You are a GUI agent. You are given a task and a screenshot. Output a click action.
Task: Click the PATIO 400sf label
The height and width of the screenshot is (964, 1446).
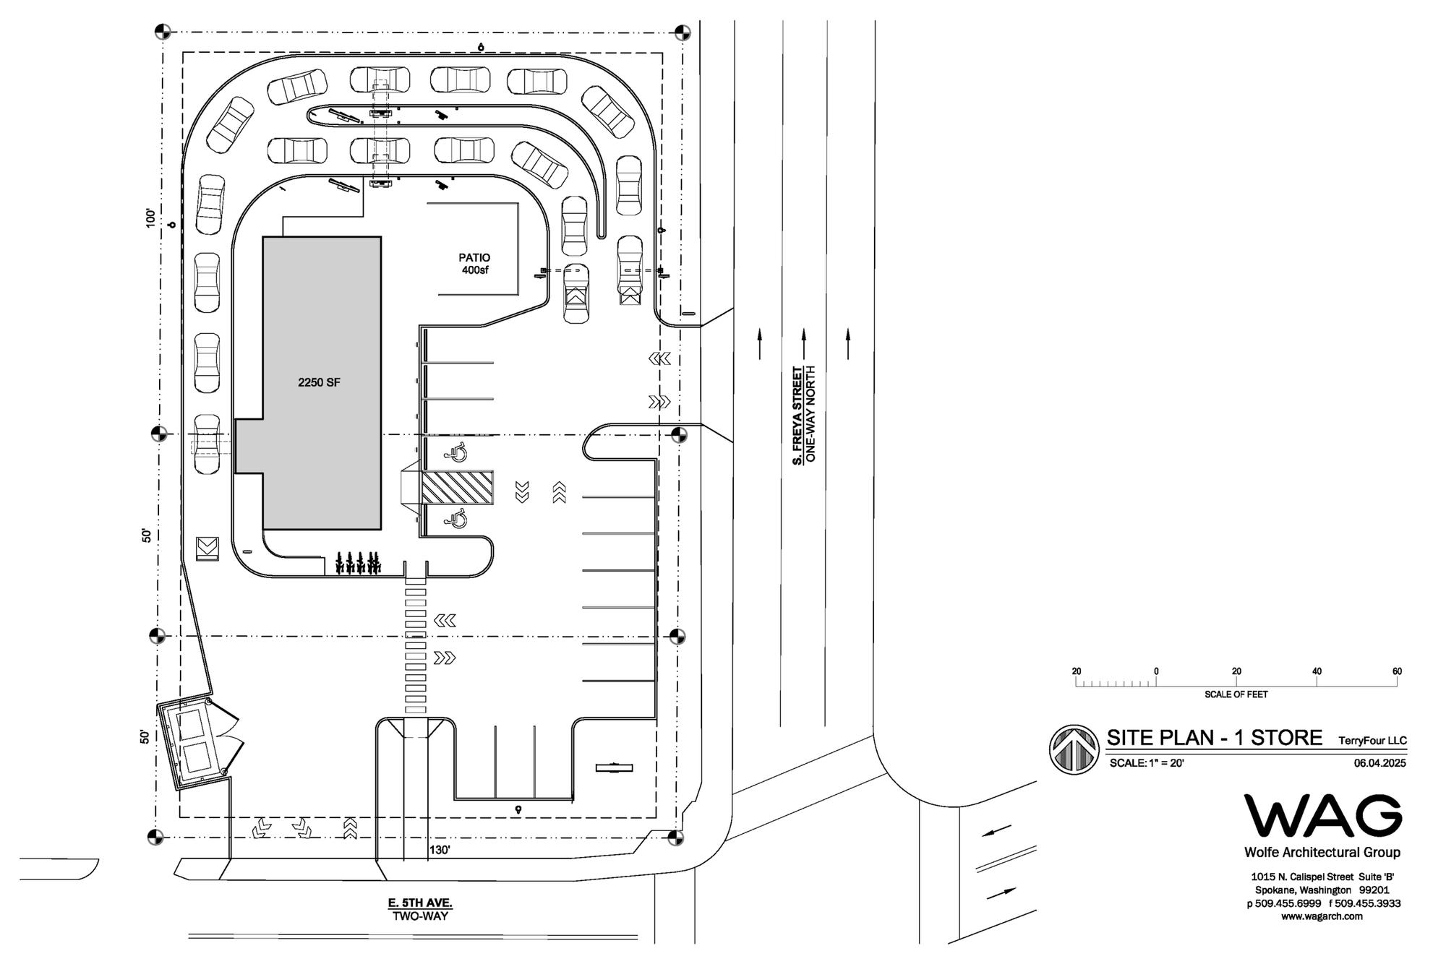coord(474,264)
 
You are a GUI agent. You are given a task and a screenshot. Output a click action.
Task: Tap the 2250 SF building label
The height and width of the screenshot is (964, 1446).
coord(319,382)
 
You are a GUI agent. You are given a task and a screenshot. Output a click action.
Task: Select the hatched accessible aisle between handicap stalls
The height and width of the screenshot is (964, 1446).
coord(457,488)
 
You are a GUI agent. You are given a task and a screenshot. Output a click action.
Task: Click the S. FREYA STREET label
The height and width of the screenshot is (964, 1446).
coord(797,416)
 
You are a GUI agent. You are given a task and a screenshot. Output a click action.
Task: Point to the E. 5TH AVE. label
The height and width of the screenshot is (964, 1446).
coord(420,903)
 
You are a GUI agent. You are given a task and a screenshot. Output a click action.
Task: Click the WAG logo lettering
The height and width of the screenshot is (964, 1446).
coord(1322,817)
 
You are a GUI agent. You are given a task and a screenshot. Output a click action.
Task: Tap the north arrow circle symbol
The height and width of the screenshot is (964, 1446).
coord(1074,749)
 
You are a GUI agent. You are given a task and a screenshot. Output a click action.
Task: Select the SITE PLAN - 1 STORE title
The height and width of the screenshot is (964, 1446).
coord(1214,738)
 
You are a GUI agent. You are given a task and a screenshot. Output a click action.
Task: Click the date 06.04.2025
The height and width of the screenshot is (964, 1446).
coord(1379,763)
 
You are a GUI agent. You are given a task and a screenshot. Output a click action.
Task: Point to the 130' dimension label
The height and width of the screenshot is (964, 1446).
coord(440,850)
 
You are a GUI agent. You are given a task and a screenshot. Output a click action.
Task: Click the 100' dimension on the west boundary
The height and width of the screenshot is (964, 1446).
coord(150,218)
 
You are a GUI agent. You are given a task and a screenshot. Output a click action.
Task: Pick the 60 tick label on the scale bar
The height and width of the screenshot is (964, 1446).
coord(1397,671)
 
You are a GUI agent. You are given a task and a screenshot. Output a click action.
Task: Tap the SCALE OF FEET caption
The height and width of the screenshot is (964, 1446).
coord(1236,694)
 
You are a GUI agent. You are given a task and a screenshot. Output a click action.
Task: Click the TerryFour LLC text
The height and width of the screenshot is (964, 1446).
coord(1372,741)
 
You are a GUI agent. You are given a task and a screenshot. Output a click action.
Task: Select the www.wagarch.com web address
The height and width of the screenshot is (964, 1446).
coord(1322,916)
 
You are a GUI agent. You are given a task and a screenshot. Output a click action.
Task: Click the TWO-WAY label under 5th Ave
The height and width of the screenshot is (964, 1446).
coord(420,916)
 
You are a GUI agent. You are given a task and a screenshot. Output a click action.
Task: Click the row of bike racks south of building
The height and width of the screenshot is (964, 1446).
coord(358,563)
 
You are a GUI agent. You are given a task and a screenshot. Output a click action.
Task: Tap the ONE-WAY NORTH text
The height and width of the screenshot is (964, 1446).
coord(810,414)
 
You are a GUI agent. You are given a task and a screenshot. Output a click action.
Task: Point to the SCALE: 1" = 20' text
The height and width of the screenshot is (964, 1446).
coord(1147,763)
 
